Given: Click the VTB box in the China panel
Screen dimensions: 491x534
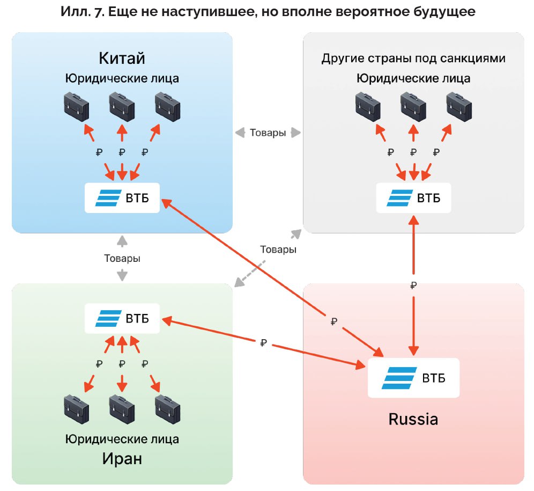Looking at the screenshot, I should click(x=122, y=198).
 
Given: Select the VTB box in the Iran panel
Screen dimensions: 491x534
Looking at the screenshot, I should click(x=122, y=318).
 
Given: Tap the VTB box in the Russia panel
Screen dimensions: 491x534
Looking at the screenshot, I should click(x=413, y=378).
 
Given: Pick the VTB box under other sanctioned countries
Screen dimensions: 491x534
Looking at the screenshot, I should click(x=413, y=198).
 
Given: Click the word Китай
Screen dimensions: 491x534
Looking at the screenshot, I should click(x=122, y=58).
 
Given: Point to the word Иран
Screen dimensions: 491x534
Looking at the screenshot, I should click(x=122, y=459).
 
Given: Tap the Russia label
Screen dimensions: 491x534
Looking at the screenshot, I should click(x=413, y=419).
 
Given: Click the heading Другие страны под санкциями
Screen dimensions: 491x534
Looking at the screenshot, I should click(x=413, y=58).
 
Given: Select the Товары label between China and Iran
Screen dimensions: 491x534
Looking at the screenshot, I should click(x=122, y=258).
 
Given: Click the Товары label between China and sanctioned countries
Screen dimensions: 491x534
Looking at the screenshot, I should click(x=268, y=133).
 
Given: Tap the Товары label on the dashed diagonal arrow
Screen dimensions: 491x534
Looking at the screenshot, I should click(x=278, y=250).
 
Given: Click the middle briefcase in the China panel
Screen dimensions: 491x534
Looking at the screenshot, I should click(x=122, y=106).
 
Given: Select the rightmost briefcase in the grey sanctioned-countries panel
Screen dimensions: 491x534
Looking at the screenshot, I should click(x=459, y=106).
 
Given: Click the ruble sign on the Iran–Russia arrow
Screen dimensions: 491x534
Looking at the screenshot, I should click(x=263, y=342).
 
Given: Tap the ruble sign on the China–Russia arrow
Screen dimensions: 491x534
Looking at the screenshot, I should click(x=333, y=321).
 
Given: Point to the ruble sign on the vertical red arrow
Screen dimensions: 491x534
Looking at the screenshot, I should click(x=413, y=285).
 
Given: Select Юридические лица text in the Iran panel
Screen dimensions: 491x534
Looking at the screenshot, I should click(x=122, y=439).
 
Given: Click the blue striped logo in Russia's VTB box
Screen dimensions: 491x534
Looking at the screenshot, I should click(x=398, y=378).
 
